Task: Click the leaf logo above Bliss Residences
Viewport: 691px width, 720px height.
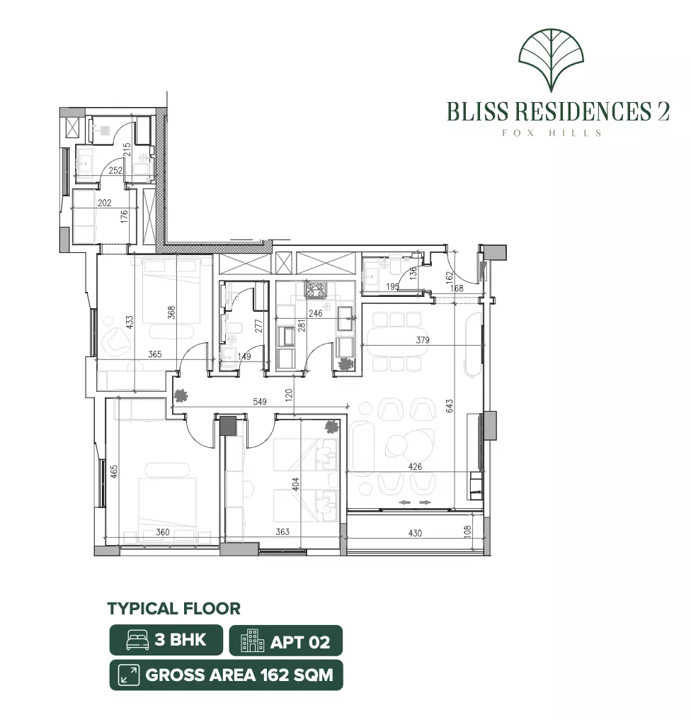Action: point(551,60)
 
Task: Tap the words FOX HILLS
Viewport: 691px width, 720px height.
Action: point(552,133)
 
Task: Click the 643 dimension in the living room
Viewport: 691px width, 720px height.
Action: point(450,406)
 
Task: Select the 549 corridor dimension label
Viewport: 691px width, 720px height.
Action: point(260,402)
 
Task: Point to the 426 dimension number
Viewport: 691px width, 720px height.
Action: point(416,467)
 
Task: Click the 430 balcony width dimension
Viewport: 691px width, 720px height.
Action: point(416,533)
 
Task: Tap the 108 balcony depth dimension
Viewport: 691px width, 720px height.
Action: point(467,532)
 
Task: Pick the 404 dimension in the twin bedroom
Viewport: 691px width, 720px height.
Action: point(296,485)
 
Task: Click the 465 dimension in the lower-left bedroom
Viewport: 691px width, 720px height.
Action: point(114,472)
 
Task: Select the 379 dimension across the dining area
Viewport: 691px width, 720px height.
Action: point(423,340)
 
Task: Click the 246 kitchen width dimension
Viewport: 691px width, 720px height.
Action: point(316,314)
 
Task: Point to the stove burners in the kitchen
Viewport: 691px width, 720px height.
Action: point(316,289)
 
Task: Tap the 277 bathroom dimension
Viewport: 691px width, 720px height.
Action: point(258,326)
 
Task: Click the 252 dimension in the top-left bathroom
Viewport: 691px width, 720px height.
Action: point(115,170)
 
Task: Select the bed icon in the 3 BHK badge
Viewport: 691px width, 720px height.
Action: point(137,640)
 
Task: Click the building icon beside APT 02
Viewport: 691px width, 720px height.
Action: point(252,641)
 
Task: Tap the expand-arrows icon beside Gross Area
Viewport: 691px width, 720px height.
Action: point(129,675)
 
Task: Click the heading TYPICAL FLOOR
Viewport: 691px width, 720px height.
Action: point(174,609)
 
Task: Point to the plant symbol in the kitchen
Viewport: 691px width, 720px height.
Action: point(343,364)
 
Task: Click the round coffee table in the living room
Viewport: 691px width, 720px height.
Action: point(397,444)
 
